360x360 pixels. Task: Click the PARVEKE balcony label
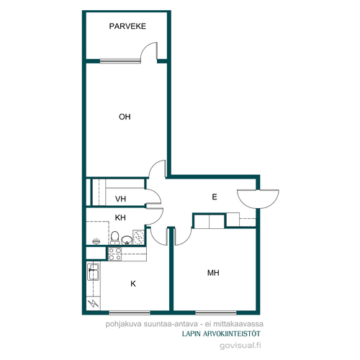[127, 26]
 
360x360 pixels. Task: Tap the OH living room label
[125, 117]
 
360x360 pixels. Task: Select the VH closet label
[120, 199]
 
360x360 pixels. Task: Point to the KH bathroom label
[120, 217]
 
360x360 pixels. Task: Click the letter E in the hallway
[215, 197]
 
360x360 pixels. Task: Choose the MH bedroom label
[213, 273]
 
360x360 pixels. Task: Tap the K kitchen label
[133, 284]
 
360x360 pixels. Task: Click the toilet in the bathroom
[115, 238]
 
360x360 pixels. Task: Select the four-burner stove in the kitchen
[115, 254]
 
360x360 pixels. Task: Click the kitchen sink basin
[94, 272]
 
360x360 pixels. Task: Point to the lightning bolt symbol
[94, 303]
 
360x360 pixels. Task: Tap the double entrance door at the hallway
[258, 199]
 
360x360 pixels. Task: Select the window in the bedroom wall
[216, 312]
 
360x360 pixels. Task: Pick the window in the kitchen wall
[130, 312]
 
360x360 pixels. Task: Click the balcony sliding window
[120, 61]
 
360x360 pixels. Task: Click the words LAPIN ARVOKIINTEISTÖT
[221, 334]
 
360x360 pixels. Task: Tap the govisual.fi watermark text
[240, 346]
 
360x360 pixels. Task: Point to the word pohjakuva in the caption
[124, 324]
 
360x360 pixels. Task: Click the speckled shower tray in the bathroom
[139, 238]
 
